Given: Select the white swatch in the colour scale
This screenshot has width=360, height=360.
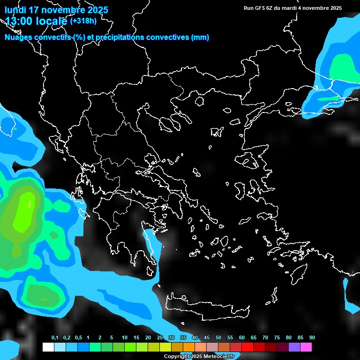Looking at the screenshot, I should coord(48,347).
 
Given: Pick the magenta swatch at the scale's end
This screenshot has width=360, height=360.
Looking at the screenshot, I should coord(306,347).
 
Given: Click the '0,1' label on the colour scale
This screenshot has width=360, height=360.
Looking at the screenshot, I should coord(54,338).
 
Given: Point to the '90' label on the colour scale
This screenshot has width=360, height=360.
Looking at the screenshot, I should coord(312,338).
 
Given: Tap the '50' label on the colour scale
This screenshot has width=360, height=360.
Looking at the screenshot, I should coord(218,338).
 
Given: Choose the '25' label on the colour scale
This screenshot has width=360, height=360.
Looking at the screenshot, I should coord(160,338).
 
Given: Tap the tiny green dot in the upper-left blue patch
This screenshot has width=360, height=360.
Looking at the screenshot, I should coord(15,128).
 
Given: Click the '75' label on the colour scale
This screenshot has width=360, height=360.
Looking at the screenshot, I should coord(277,338).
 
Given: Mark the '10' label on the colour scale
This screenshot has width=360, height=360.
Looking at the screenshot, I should coord(125,338).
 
